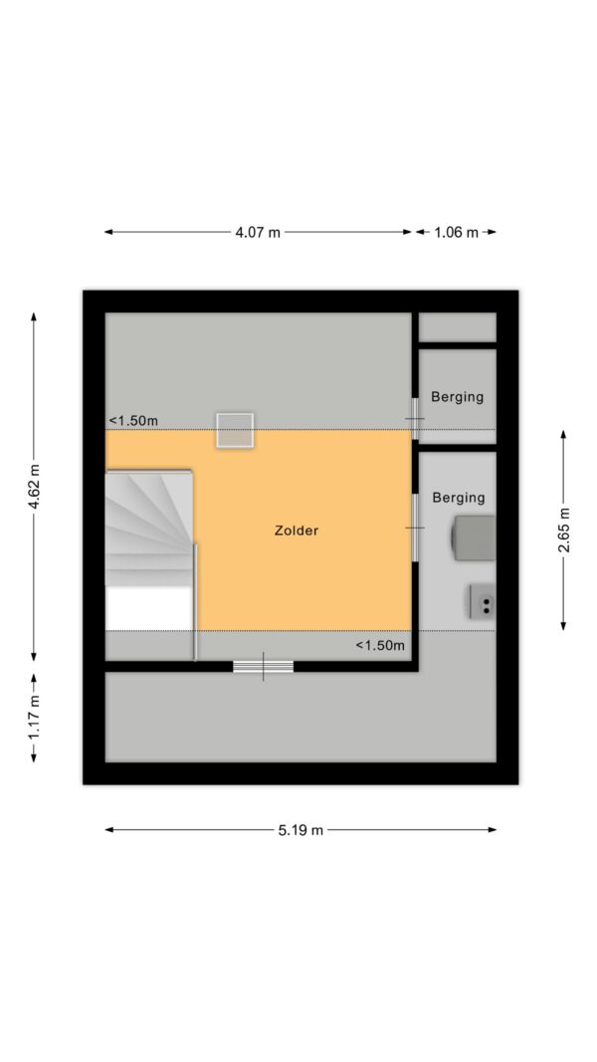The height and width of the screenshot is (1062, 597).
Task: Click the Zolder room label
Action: coord(297,531)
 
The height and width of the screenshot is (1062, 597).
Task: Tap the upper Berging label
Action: coord(458,397)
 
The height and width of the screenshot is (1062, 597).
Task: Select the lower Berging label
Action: coord(459,498)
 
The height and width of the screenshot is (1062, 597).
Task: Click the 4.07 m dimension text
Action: coord(258,232)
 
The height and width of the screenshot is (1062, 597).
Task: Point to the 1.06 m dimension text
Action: coord(457,232)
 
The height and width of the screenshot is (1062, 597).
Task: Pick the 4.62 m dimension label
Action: coord(34,487)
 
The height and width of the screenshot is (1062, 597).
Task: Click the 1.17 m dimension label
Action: coord(34,718)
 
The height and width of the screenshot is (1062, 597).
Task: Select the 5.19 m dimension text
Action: coord(300,830)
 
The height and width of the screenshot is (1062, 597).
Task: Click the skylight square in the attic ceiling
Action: coord(235,430)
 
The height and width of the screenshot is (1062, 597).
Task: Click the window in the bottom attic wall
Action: coord(264,667)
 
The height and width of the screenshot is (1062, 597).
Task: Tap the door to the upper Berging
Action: coord(414,419)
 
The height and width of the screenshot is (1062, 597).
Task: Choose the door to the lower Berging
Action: coord(414,527)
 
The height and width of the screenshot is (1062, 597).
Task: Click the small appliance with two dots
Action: coord(483,601)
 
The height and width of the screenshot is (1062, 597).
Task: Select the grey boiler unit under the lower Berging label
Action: coord(474,538)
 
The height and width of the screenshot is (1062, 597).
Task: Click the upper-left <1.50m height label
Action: coord(133,421)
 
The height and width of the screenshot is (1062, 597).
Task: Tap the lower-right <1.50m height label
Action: coord(380,646)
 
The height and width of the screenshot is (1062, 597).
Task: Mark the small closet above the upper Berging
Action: coord(458,327)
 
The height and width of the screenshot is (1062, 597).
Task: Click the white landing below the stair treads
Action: coord(149,608)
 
